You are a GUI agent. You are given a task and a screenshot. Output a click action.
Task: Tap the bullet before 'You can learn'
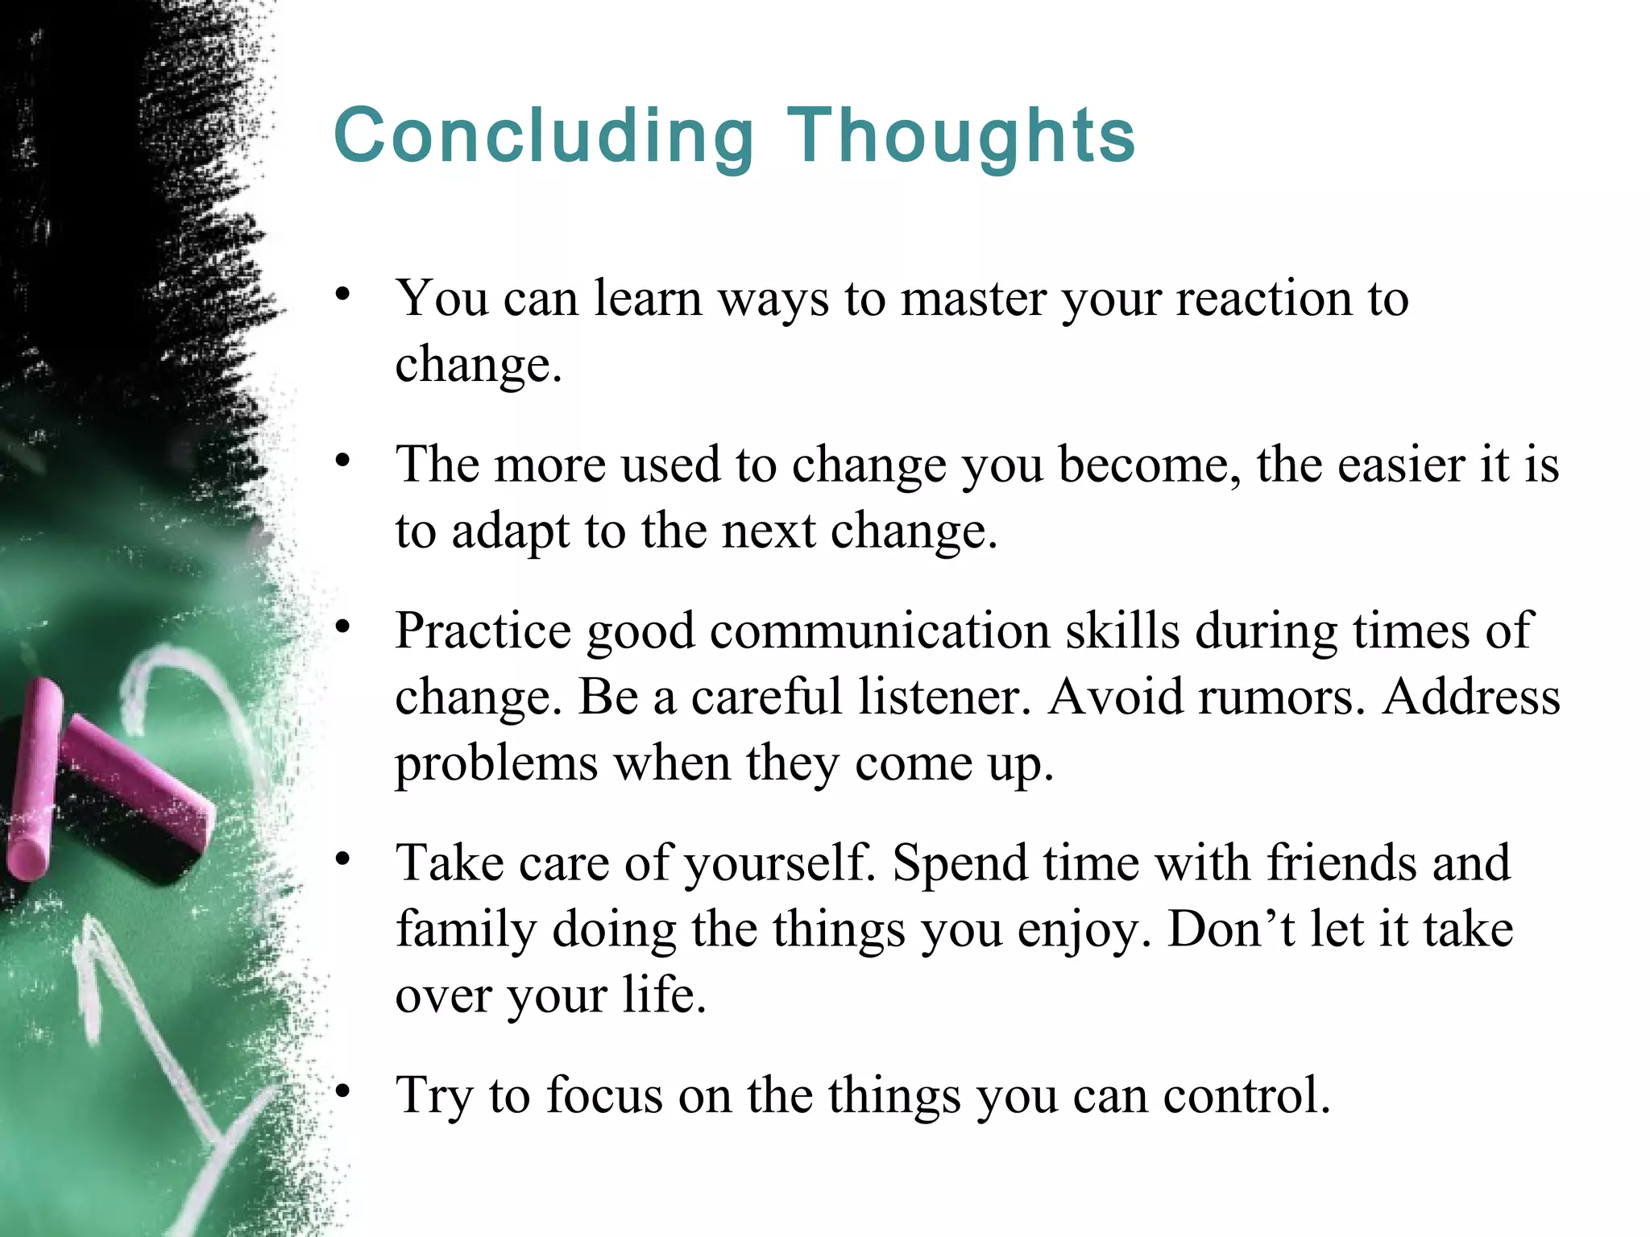(x=344, y=295)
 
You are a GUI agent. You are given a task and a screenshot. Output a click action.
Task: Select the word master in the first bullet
(x=972, y=299)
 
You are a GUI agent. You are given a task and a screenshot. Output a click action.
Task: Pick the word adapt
(x=510, y=532)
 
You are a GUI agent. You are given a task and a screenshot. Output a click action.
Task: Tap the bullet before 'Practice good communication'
(x=344, y=627)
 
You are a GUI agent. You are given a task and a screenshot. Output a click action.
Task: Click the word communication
(x=880, y=631)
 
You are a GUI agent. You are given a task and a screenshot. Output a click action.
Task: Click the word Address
(x=1471, y=697)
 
